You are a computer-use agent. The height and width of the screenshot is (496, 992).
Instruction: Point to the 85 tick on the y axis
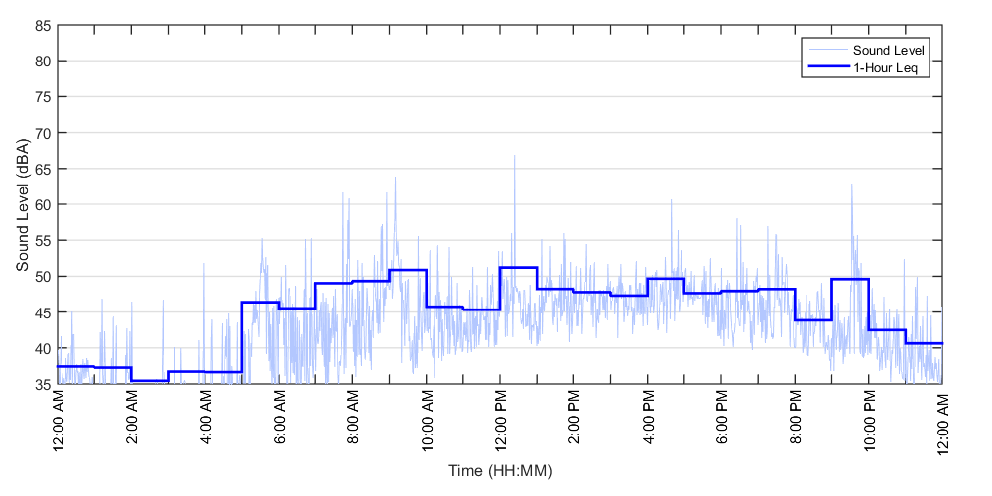click(44, 25)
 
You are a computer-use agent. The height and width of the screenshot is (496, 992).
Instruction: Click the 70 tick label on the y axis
click(44, 133)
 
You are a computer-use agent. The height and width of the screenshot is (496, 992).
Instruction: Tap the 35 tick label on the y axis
click(44, 384)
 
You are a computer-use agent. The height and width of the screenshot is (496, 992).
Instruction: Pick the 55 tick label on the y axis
click(44, 240)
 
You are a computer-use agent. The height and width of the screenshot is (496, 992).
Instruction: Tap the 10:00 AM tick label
click(427, 421)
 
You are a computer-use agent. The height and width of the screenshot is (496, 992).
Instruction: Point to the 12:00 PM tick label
click(500, 421)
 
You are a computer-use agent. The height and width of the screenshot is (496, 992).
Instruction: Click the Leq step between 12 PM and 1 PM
click(518, 267)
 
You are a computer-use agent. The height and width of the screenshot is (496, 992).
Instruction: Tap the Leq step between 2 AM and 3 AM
click(149, 380)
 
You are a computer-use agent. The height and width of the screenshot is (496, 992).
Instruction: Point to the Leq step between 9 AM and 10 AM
click(408, 270)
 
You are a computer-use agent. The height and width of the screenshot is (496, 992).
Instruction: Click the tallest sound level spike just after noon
click(514, 157)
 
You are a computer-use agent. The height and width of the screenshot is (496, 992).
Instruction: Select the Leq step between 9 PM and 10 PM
click(850, 279)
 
